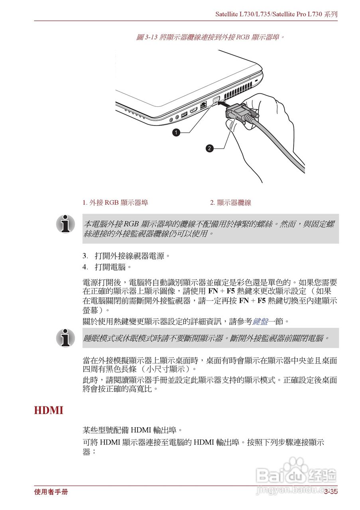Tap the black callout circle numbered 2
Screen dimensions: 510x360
pos(209,149)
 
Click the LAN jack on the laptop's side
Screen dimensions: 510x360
pos(203,106)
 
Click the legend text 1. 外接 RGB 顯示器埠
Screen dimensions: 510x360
pos(115,202)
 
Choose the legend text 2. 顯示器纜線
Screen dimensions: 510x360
pos(230,202)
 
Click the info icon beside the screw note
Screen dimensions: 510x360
pos(65,224)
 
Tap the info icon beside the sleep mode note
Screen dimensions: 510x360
pos(65,337)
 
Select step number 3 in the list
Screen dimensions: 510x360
pos(85,255)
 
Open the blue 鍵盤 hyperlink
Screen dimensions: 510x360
pos(260,321)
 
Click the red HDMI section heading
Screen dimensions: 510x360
pos(49,410)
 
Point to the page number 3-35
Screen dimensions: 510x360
pos(330,492)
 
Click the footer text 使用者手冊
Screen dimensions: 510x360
pos(51,492)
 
